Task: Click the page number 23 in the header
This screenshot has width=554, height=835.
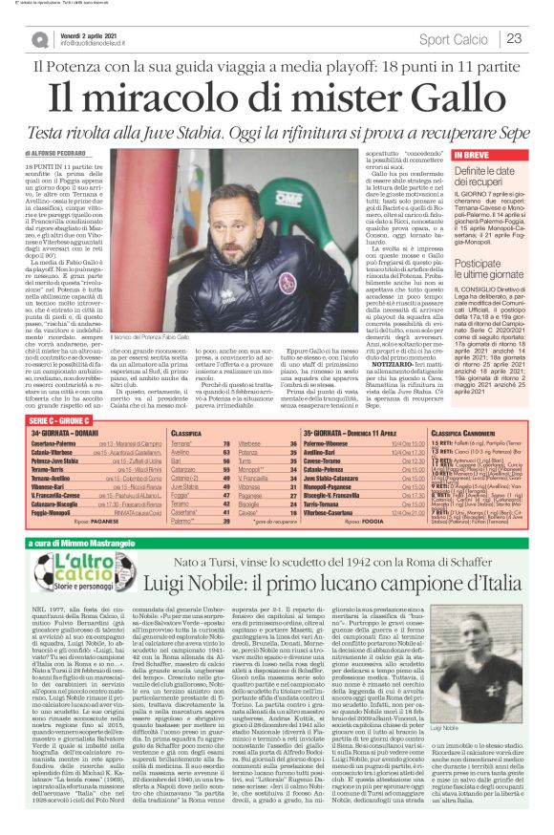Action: pyautogui.click(x=513, y=38)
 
